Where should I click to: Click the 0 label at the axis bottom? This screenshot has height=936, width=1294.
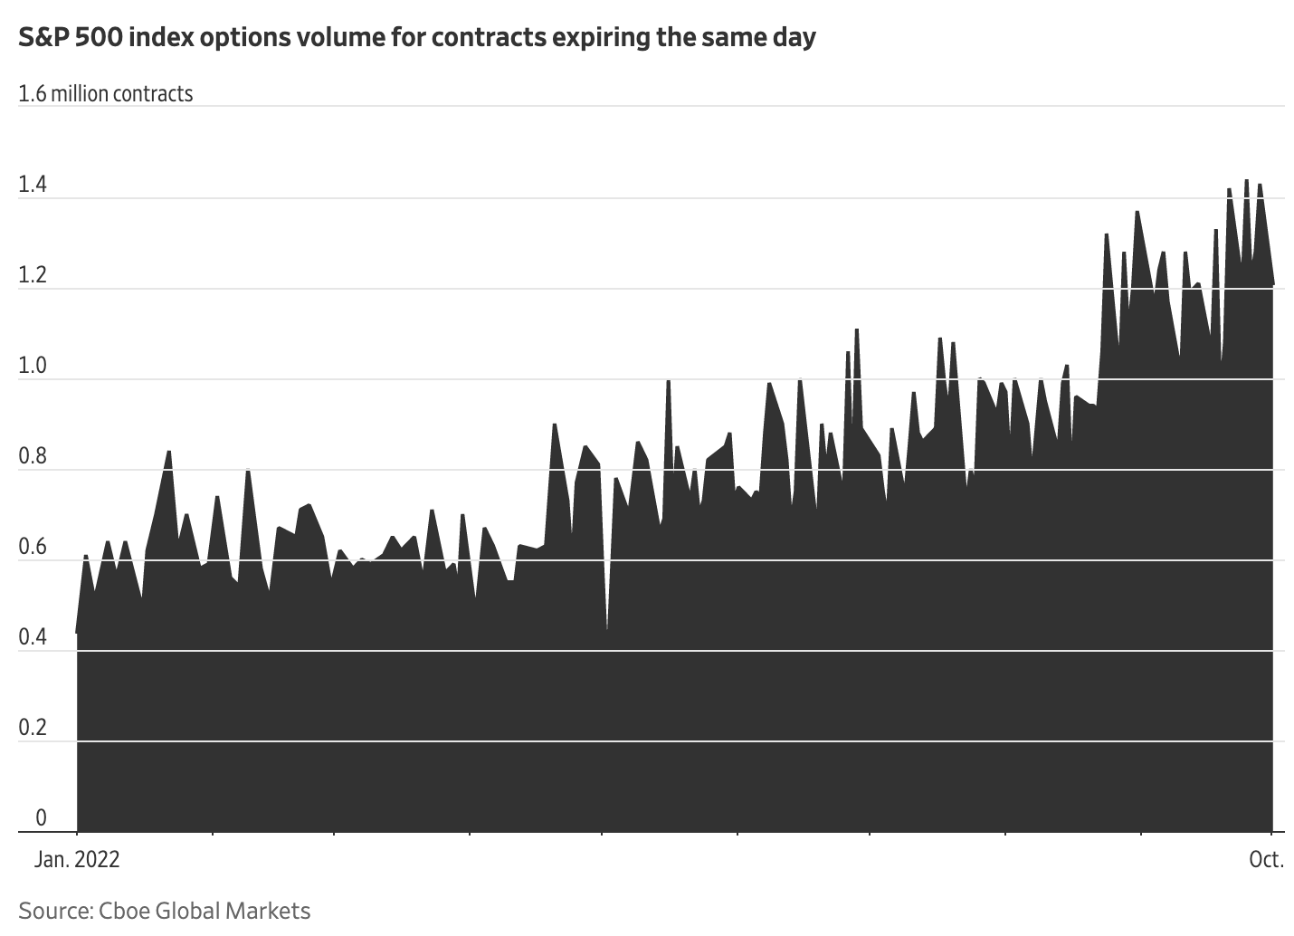(x=41, y=818)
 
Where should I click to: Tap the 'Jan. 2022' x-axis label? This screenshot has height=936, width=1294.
(x=77, y=859)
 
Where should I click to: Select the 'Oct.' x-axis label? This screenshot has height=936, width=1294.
(x=1266, y=859)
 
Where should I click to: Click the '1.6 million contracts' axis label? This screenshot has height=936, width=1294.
(x=106, y=94)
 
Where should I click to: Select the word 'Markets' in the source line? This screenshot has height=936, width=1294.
(x=271, y=911)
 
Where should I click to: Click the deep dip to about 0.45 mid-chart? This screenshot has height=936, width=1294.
(x=606, y=627)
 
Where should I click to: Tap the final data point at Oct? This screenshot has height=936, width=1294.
(x=1273, y=286)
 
